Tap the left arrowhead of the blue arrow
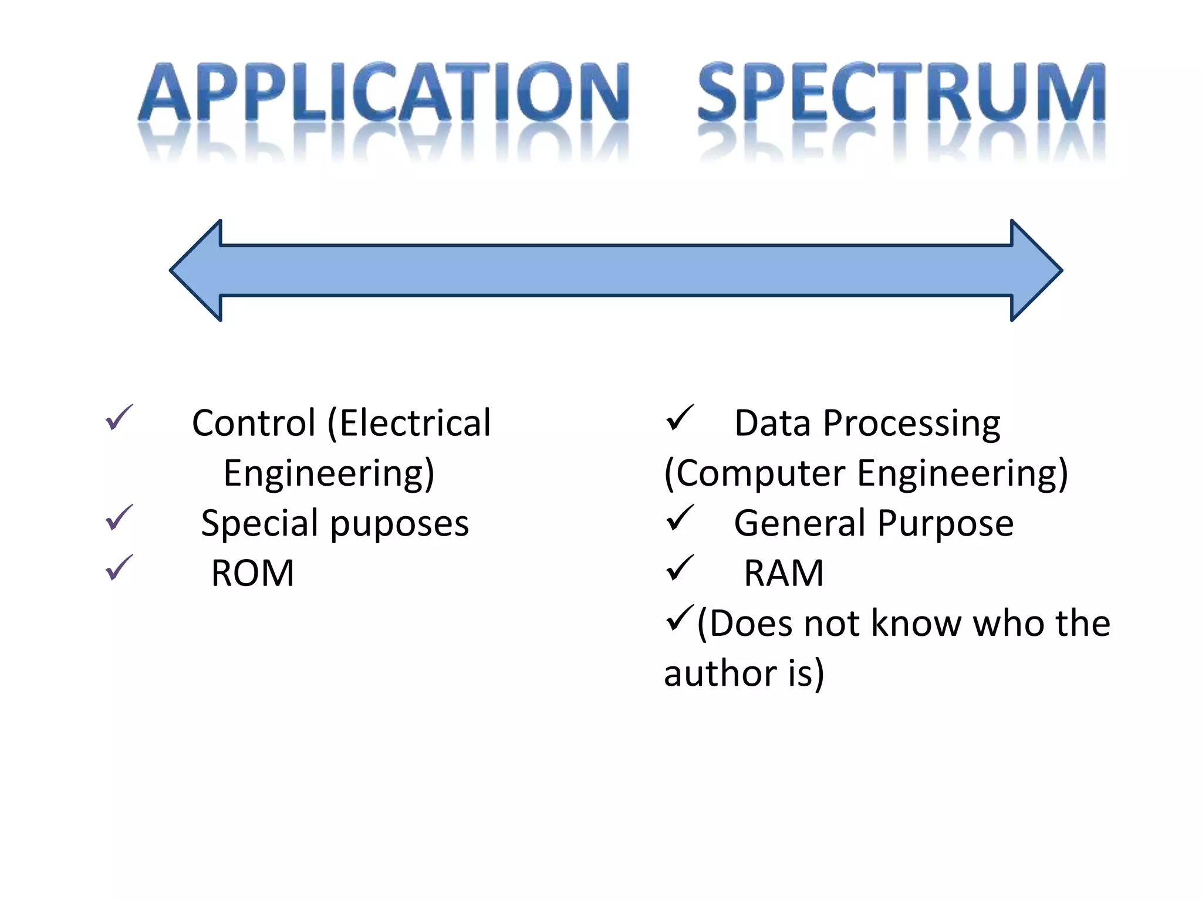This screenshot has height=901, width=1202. pyautogui.click(x=197, y=270)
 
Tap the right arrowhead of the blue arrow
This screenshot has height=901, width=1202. pyautogui.click(x=1036, y=270)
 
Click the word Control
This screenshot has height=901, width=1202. pyautogui.click(x=254, y=423)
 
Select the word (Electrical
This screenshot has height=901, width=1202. pyautogui.click(x=408, y=423)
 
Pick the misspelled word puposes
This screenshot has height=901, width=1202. pyautogui.click(x=400, y=524)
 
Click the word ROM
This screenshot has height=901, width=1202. pyautogui.click(x=252, y=573)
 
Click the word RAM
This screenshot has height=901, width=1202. pyautogui.click(x=784, y=573)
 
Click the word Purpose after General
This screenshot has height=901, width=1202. pyautogui.click(x=946, y=524)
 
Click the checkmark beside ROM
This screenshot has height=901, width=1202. pyautogui.click(x=119, y=567)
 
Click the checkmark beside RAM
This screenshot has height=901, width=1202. pyautogui.click(x=680, y=567)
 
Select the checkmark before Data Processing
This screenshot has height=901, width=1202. pyautogui.click(x=680, y=418)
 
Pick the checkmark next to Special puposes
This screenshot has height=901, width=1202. pyautogui.click(x=119, y=517)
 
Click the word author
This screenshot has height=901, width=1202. pyautogui.click(x=721, y=673)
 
